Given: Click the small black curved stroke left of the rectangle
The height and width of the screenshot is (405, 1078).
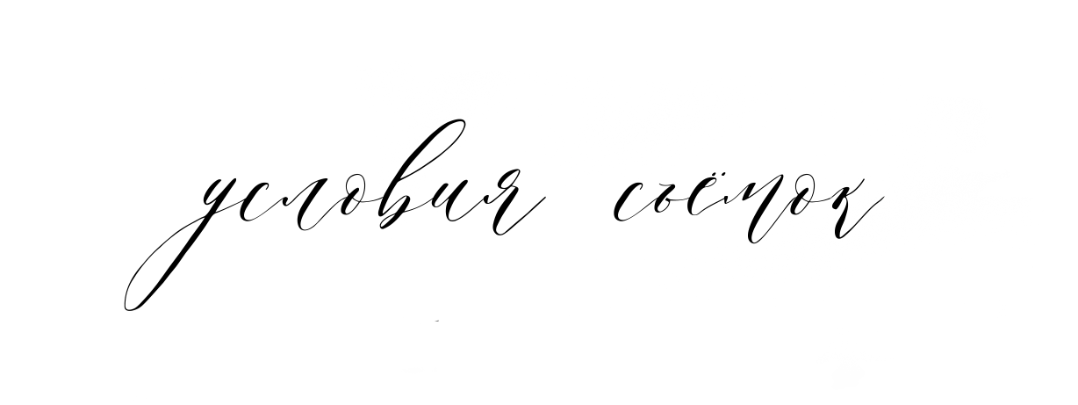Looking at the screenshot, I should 124,301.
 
